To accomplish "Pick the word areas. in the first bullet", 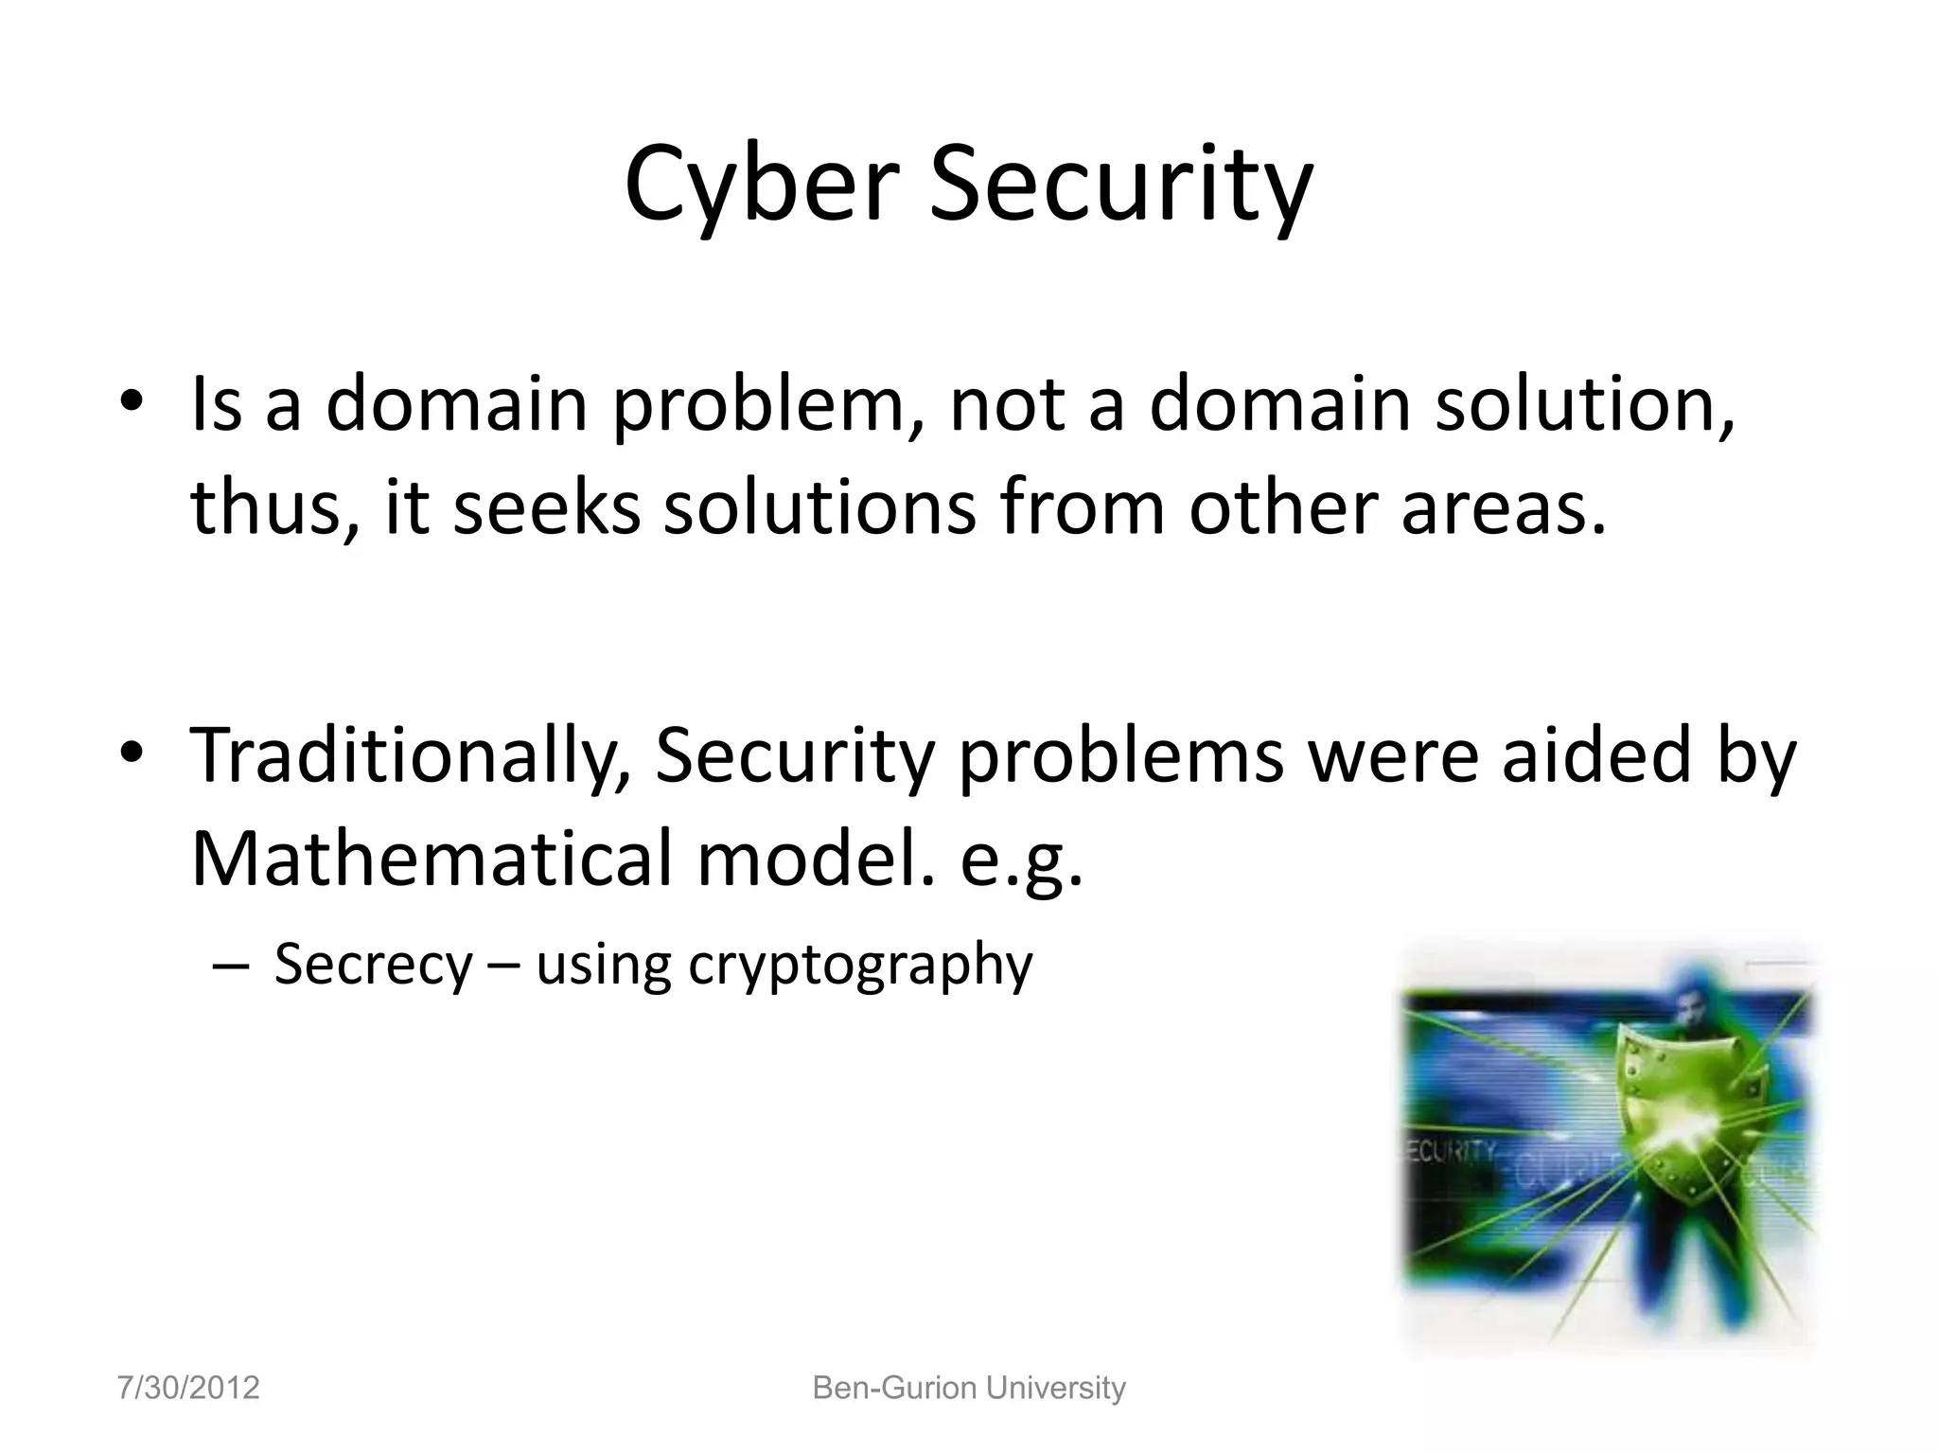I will pyautogui.click(x=1504, y=507).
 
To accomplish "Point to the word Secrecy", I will pyautogui.click(x=373, y=966).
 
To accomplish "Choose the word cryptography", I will pyautogui.click(x=860, y=967).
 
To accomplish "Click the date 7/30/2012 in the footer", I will pyautogui.click(x=188, y=1388).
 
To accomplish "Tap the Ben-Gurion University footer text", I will pyautogui.click(x=969, y=1388).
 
